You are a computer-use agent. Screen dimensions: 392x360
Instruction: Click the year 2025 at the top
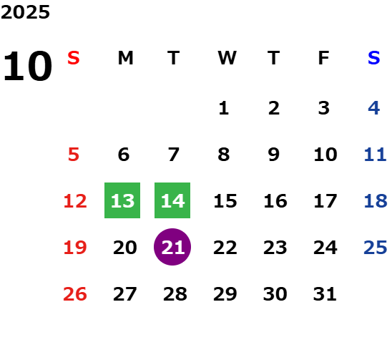pyautogui.click(x=25, y=12)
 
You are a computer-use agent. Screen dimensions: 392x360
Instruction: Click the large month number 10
pyautogui.click(x=27, y=66)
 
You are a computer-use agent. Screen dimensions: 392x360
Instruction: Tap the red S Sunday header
pyautogui.click(x=74, y=58)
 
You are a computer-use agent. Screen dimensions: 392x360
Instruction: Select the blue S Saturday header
pyautogui.click(x=373, y=58)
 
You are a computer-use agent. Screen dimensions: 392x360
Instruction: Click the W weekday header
pyautogui.click(x=227, y=58)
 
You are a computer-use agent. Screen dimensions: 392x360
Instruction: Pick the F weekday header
pyautogui.click(x=324, y=58)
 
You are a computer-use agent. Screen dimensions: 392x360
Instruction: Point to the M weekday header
pyautogui.click(x=125, y=58)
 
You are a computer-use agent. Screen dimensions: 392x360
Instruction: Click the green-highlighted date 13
pyautogui.click(x=122, y=200)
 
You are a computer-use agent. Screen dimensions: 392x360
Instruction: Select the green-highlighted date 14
pyautogui.click(x=172, y=200)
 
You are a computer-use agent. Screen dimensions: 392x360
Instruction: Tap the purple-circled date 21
pyautogui.click(x=172, y=247)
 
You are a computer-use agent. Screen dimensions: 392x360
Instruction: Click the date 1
pyautogui.click(x=224, y=108)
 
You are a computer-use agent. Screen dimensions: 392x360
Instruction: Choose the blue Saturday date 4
pyautogui.click(x=373, y=108)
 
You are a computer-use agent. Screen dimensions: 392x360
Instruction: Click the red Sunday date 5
pyautogui.click(x=74, y=155)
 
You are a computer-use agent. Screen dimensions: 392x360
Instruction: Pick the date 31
pyautogui.click(x=325, y=293)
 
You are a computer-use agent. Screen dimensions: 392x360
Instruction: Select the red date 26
pyautogui.click(x=75, y=293)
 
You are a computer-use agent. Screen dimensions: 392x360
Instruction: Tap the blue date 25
pyautogui.click(x=376, y=248)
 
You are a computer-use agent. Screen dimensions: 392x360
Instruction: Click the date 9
pyautogui.click(x=273, y=155)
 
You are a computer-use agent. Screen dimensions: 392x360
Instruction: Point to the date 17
pyautogui.click(x=325, y=201)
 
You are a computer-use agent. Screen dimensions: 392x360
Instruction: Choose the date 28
pyautogui.click(x=175, y=293)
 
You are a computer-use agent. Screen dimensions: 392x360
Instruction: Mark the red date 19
pyautogui.click(x=75, y=248)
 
